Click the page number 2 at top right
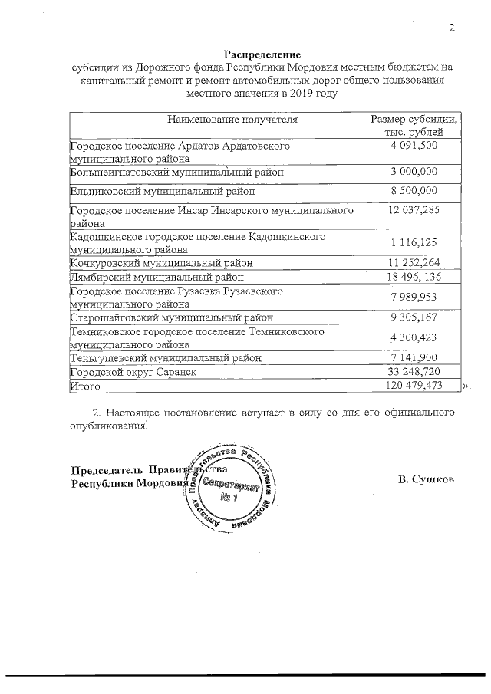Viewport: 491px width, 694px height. pos(451,29)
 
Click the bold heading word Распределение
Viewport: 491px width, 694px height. pos(262,54)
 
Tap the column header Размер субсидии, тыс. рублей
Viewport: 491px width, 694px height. pos(414,126)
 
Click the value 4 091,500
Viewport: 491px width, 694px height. pos(414,145)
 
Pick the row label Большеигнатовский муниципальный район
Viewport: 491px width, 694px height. pos(176,173)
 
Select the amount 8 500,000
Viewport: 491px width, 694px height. pos(414,191)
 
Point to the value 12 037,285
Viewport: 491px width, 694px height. pos(414,209)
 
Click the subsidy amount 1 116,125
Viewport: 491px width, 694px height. pos(414,243)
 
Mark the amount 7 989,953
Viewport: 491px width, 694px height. pos(414,298)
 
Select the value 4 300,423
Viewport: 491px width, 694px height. pos(414,338)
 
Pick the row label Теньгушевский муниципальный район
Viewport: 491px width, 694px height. pos(166,358)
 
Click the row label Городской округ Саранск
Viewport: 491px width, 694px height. pos(133,372)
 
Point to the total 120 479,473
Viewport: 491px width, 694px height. pos(414,386)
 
